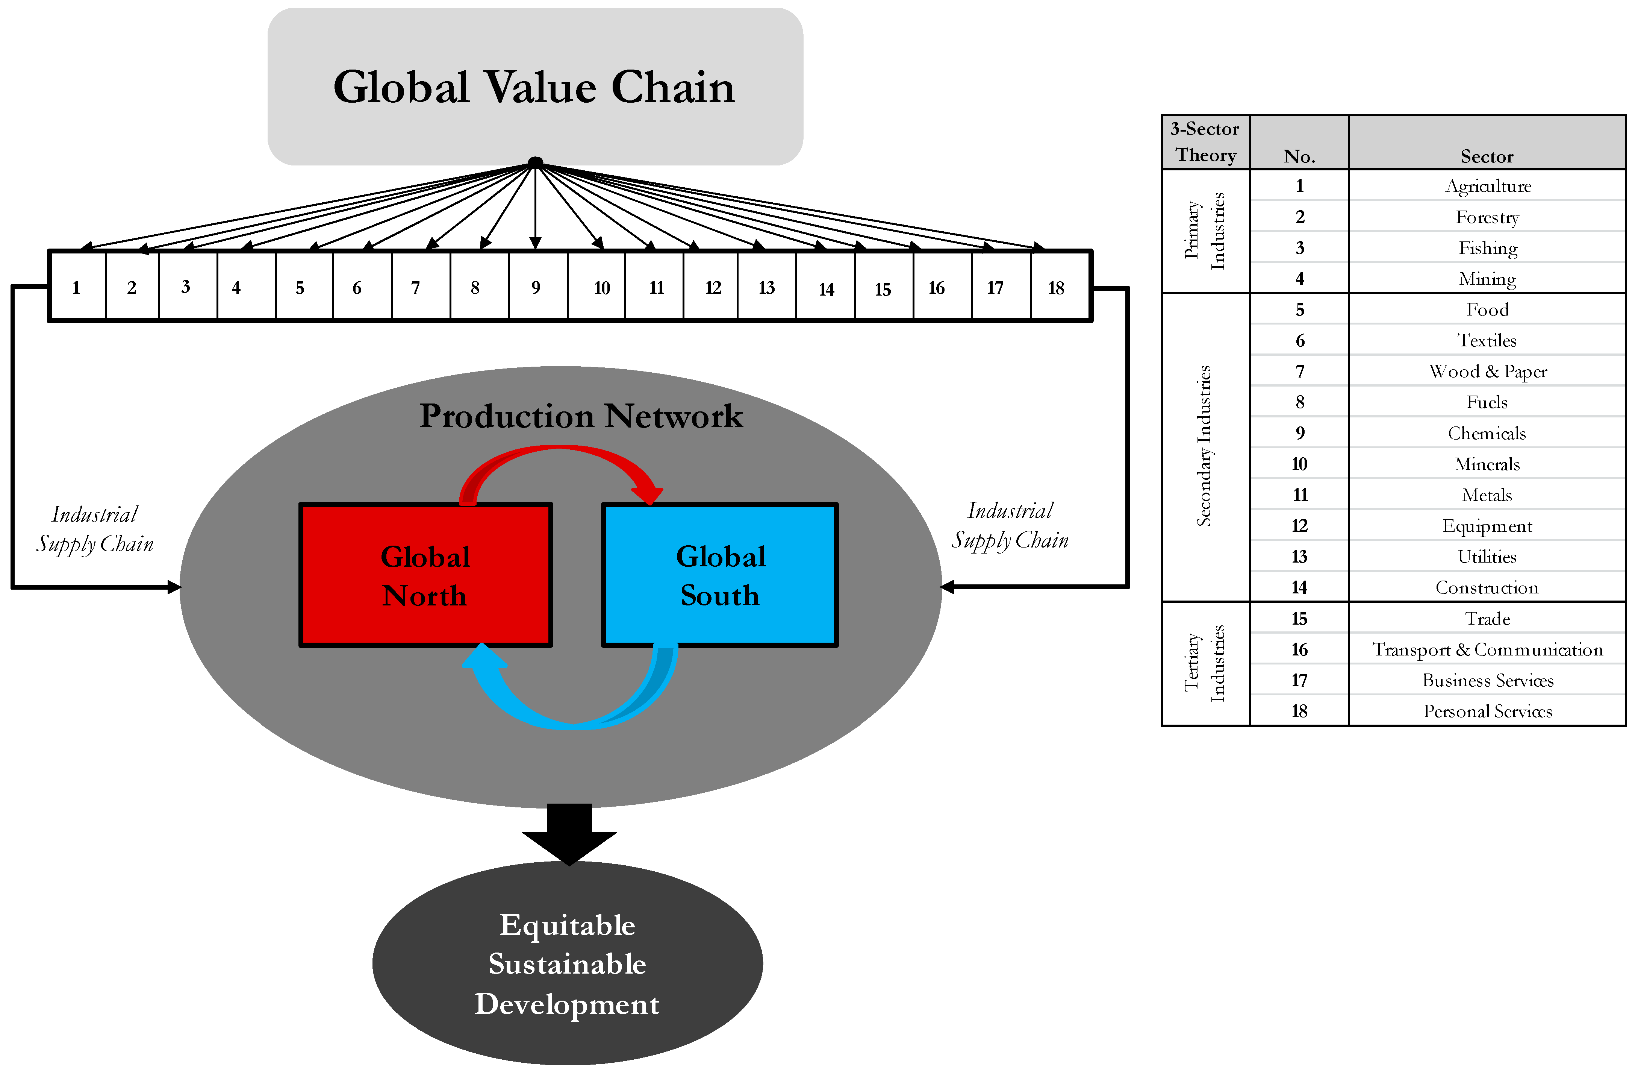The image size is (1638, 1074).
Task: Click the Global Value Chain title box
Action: (x=535, y=87)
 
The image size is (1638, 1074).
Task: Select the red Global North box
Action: (x=425, y=576)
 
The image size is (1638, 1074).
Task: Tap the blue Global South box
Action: (x=720, y=576)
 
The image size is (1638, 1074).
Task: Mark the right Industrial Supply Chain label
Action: (x=1010, y=525)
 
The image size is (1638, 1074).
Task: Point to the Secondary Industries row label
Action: (x=1204, y=446)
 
